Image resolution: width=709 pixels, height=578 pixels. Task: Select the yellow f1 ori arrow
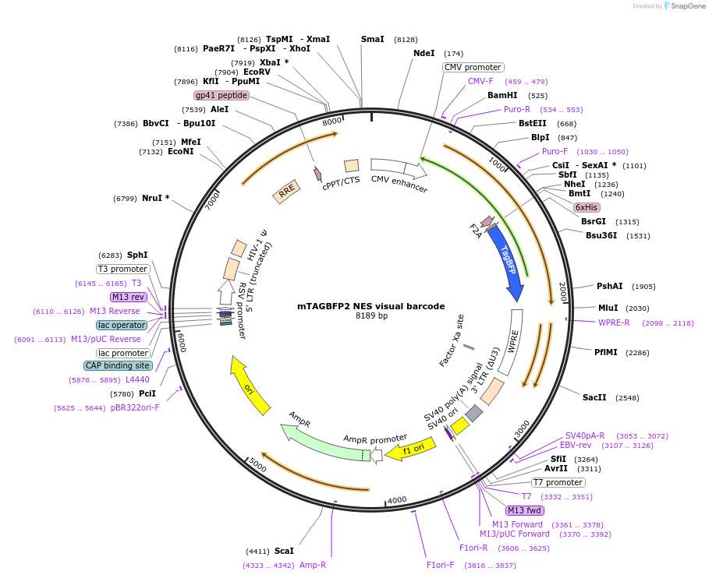[x=409, y=449]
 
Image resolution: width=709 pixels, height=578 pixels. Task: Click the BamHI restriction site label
[x=502, y=96]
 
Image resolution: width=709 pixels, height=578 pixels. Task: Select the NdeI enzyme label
[x=424, y=54]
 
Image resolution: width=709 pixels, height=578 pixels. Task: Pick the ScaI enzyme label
[x=284, y=551]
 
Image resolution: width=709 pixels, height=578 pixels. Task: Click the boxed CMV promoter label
[x=473, y=68]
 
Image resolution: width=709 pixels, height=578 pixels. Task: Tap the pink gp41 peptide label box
[x=222, y=95]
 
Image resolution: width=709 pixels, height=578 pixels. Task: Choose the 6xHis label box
[x=586, y=207]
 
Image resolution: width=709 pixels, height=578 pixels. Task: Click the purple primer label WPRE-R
[x=614, y=322]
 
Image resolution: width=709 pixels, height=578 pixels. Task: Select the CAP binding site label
[x=117, y=365]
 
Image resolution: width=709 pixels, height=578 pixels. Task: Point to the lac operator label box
[x=122, y=325]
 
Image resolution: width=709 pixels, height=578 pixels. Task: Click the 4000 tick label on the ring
[x=397, y=500]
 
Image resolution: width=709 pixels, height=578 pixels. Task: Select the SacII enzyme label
[x=594, y=397]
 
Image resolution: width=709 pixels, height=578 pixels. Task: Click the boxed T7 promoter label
[x=558, y=482]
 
